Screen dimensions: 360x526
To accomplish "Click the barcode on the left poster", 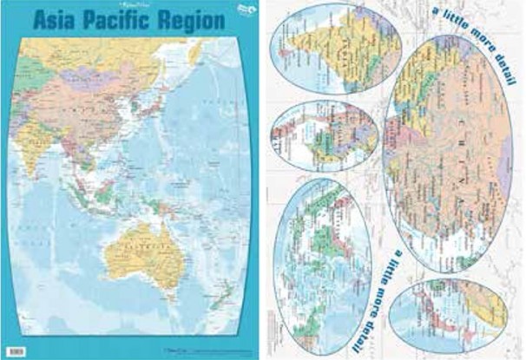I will (23, 350).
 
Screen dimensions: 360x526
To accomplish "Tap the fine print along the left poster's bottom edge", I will (130, 350).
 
